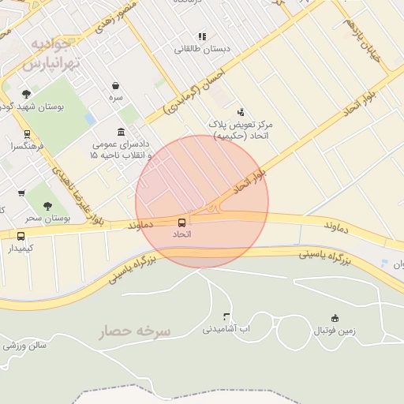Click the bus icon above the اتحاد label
pyautogui.click(x=182, y=223)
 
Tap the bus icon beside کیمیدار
pyautogui.click(x=21, y=236)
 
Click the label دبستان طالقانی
pyautogui.click(x=203, y=49)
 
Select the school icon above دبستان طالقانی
pyautogui.click(x=203, y=36)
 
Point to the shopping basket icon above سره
pyautogui.click(x=116, y=85)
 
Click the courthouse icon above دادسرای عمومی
pyautogui.click(x=120, y=132)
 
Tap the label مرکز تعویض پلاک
pyautogui.click(x=241, y=125)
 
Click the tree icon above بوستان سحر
pyautogui.click(x=48, y=205)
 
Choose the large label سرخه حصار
pyautogui.click(x=135, y=332)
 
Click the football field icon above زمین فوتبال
pyautogui.click(x=335, y=317)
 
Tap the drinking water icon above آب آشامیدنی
pyautogui.click(x=227, y=316)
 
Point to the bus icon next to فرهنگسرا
pyautogui.click(x=28, y=134)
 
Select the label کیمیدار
pyautogui.click(x=21, y=249)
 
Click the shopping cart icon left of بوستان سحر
pyautogui.click(x=21, y=193)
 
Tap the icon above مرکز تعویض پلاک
pyautogui.click(x=241, y=112)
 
